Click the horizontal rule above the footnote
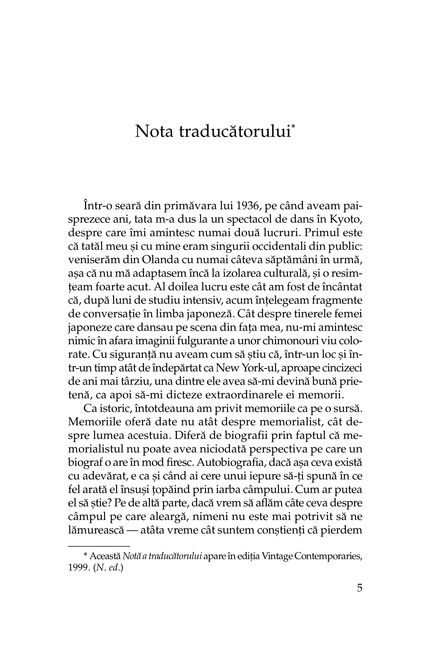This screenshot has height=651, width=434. click(99, 546)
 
